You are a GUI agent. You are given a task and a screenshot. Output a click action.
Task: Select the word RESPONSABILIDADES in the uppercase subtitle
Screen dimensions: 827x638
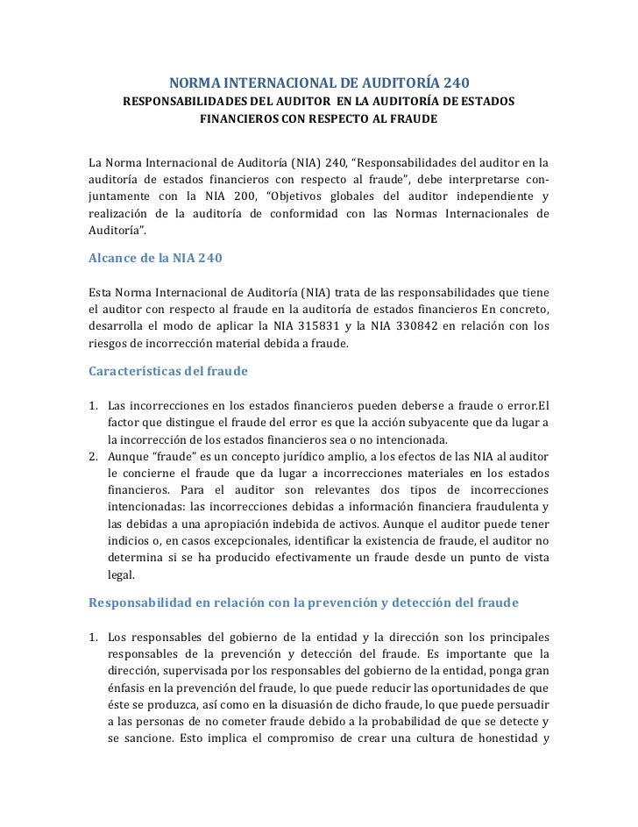pyautogui.click(x=181, y=102)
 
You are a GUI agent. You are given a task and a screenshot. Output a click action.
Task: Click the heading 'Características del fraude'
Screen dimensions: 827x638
pyautogui.click(x=168, y=370)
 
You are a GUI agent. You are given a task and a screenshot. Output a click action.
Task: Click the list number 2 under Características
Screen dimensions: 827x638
pyautogui.click(x=94, y=458)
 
